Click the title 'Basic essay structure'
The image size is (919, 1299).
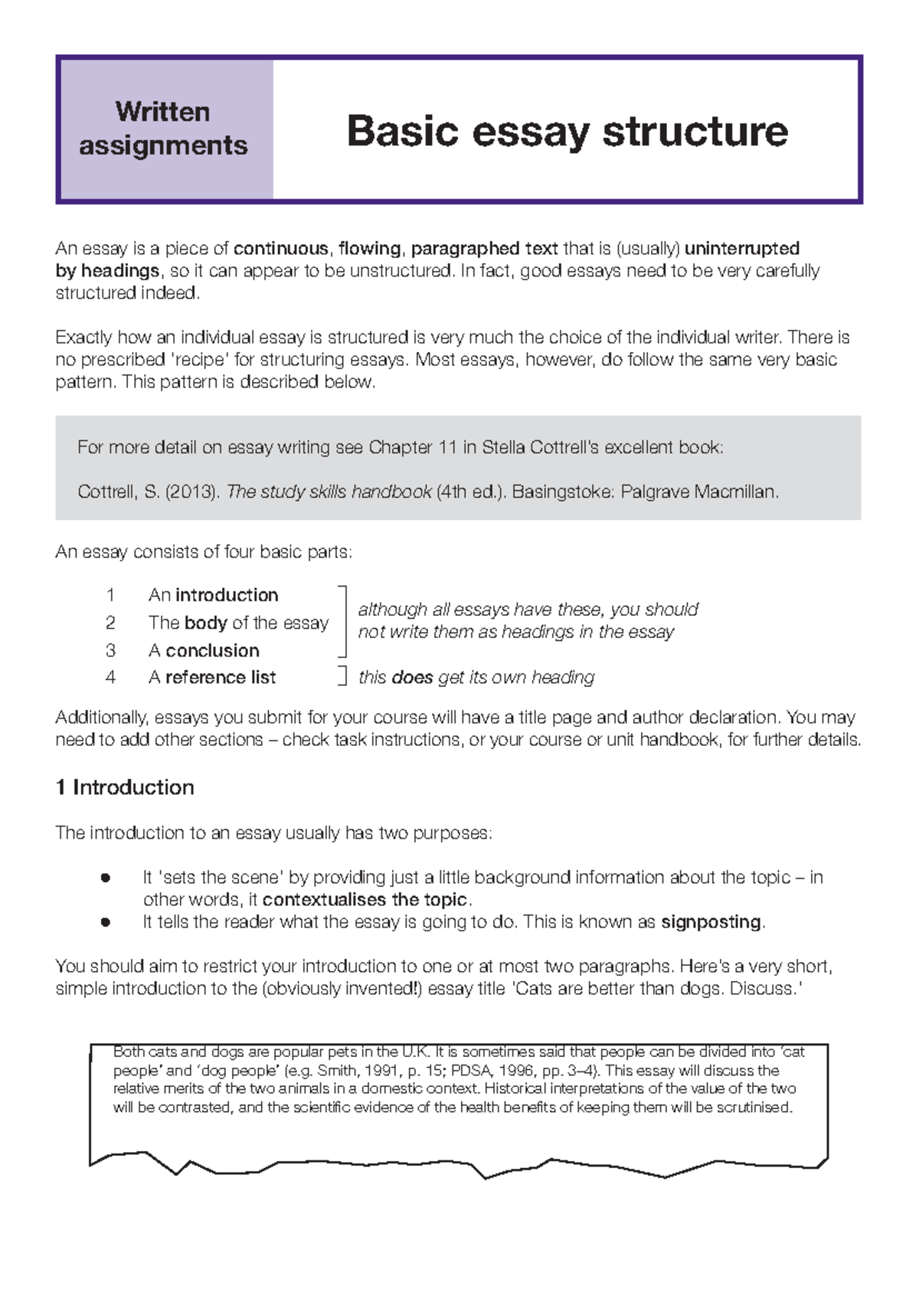[x=567, y=131]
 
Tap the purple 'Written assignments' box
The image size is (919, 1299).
[x=163, y=129]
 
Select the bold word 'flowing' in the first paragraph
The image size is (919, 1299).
[x=370, y=249]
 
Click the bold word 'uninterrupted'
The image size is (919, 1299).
[x=741, y=249]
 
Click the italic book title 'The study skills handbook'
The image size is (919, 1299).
[x=329, y=492]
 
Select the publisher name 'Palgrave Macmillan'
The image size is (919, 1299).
[x=698, y=492]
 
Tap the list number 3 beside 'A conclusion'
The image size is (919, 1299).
[x=111, y=650]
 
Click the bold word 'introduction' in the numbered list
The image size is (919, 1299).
[x=227, y=595]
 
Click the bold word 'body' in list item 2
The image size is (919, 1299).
[x=206, y=623]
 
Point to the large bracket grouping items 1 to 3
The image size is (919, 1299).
[x=342, y=622]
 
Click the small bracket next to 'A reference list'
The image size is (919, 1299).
[x=342, y=676]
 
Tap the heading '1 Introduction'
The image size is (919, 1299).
[x=125, y=787]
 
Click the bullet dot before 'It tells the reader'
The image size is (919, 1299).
[x=106, y=922]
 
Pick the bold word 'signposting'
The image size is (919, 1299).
[x=711, y=922]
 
